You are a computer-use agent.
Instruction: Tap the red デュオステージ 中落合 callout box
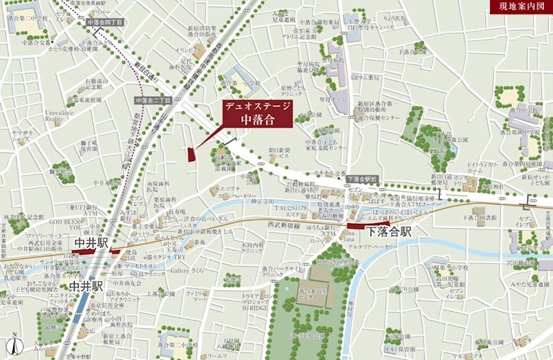[256, 113]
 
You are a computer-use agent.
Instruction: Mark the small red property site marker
[191, 154]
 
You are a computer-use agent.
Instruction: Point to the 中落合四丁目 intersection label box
[105, 23]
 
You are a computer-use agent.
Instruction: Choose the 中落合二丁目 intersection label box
[153, 100]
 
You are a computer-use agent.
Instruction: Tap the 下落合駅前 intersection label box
[362, 179]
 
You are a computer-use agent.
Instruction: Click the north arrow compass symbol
[14, 343]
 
